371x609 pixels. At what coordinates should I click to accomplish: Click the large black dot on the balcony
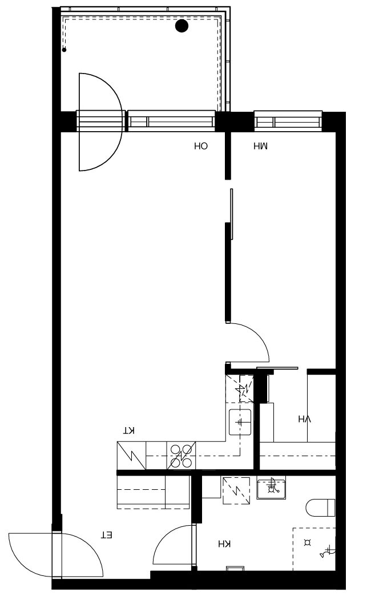point(182,26)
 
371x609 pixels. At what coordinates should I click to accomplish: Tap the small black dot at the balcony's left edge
point(64,50)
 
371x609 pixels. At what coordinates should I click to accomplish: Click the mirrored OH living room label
point(201,146)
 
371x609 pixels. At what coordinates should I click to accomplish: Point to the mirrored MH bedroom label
point(260,147)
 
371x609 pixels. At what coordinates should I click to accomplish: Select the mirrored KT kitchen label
point(129,431)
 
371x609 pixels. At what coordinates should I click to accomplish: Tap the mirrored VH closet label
point(305,419)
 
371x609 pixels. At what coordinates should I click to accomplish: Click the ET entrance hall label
point(107,535)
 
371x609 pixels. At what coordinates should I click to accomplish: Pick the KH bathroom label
point(224,544)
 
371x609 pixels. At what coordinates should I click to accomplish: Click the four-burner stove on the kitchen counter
point(182,456)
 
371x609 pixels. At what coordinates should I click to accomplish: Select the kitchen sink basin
point(240,422)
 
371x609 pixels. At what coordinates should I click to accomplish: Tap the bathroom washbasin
point(271,488)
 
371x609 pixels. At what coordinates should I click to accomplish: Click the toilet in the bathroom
point(320,508)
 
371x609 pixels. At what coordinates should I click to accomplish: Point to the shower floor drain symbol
point(308,543)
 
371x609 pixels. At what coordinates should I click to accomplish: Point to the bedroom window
point(288,121)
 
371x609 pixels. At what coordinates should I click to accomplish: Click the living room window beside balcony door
point(171,121)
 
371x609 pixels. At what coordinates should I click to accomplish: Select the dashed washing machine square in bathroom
point(236,491)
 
